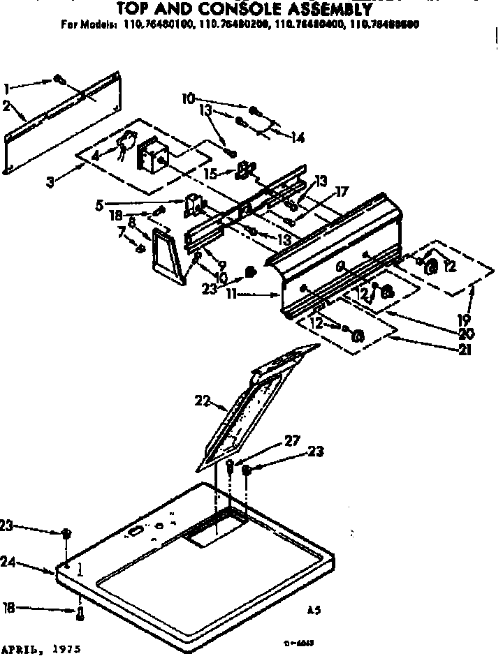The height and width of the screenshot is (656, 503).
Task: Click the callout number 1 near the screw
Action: click(x=7, y=88)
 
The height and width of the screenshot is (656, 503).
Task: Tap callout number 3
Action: click(x=50, y=183)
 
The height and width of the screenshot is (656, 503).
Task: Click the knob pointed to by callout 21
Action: click(x=358, y=336)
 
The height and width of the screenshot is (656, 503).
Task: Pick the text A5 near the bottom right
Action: click(x=314, y=610)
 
